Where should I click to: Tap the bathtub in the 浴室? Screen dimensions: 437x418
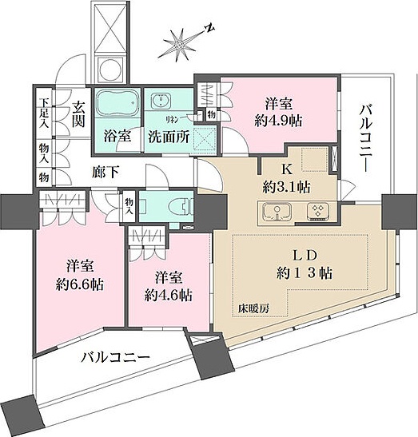click(117, 105)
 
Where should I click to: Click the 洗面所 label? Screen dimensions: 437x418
click(169, 136)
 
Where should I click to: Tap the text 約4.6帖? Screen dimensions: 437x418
click(169, 294)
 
